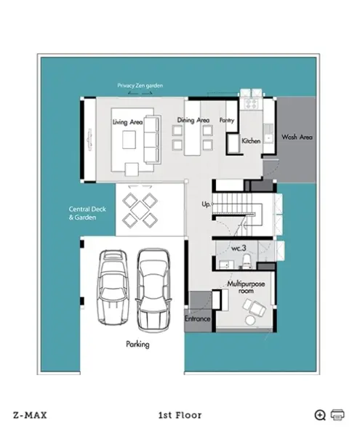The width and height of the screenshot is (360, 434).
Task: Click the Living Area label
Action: click(127, 122)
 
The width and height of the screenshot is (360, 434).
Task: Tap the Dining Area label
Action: click(193, 120)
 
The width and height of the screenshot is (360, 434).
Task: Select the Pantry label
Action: click(227, 120)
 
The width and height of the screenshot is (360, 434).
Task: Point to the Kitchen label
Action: click(251, 141)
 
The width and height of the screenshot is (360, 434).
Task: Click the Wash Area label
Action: click(297, 137)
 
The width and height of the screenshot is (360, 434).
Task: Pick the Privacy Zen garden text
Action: click(140, 86)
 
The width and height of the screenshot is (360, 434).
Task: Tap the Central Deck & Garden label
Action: click(87, 213)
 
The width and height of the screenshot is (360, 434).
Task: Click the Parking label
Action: click(137, 345)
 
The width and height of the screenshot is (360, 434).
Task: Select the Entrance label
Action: click(197, 318)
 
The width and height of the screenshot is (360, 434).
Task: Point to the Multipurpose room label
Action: click(246, 287)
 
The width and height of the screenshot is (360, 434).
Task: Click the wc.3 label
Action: click(239, 249)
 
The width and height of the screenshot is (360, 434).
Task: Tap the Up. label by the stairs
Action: click(206, 204)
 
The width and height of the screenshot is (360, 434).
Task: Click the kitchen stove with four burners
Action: click(251, 105)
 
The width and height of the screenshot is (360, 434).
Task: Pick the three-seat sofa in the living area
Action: click(152, 140)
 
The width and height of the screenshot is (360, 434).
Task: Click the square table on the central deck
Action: click(140, 210)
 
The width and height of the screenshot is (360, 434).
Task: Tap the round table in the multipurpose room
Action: click(250, 321)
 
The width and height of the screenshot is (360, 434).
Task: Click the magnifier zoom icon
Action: click(320, 415)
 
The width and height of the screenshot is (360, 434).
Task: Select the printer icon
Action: click(337, 414)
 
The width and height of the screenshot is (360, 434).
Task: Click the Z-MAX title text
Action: click(30, 415)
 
